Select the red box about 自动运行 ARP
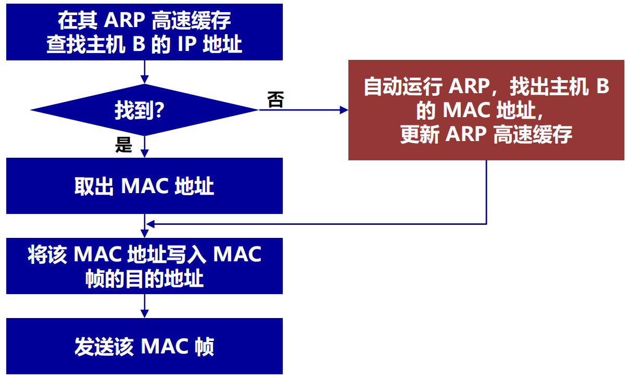pyautogui.click(x=486, y=110)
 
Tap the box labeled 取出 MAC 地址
pyautogui.click(x=144, y=186)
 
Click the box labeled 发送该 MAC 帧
pyautogui.click(x=144, y=346)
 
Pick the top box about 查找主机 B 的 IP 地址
pyautogui.click(x=144, y=32)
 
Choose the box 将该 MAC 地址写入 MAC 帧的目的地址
pyautogui.click(x=144, y=266)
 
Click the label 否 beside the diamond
pyautogui.click(x=275, y=99)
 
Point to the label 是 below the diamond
pyautogui.click(x=124, y=145)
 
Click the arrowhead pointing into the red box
pyautogui.click(x=343, y=110)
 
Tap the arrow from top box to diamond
pyautogui.click(x=144, y=73)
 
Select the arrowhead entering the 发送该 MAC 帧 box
pyautogui.click(x=144, y=313)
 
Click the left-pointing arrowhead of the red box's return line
pyautogui.click(x=150, y=224)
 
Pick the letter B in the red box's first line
pyautogui.click(x=602, y=86)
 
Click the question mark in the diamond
pyautogui.click(x=160, y=110)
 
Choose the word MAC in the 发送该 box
pyautogui.click(x=165, y=347)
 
